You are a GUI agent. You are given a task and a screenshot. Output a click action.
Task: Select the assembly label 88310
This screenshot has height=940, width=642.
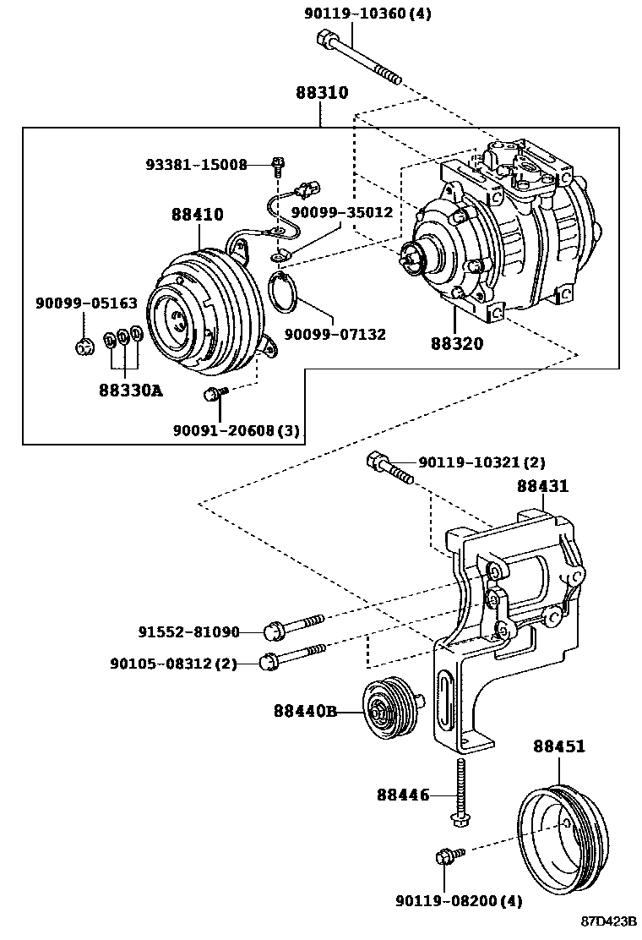coord(322,93)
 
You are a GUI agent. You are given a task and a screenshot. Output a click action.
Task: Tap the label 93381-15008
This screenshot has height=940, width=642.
coord(197,164)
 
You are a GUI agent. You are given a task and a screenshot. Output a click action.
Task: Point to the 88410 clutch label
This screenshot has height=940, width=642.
coord(197,214)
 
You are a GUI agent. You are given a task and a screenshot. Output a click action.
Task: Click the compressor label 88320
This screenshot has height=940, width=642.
coord(457,343)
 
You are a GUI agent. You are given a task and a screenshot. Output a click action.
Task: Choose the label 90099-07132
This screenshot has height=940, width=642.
coord(335,334)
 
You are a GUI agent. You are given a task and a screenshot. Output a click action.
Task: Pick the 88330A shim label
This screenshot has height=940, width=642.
coord(131,391)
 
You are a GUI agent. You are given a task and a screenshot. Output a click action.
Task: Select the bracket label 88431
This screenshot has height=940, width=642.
coord(543,485)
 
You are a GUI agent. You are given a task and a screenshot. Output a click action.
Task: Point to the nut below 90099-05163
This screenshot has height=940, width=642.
coord(84,346)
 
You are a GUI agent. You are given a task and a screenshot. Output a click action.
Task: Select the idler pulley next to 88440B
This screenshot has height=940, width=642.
coord(392,712)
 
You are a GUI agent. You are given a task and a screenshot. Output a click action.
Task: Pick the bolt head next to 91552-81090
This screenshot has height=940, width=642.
coord(274,631)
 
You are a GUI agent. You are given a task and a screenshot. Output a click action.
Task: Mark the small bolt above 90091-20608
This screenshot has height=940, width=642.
coord(215,393)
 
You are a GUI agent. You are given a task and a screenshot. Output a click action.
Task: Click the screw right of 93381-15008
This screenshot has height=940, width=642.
coord(278,166)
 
